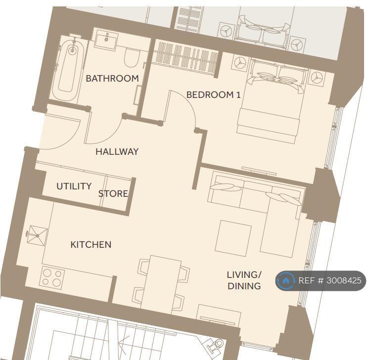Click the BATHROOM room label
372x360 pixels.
pyautogui.click(x=112, y=78)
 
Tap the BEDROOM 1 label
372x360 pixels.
pyautogui.click(x=213, y=95)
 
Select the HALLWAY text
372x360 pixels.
pyautogui.click(x=117, y=151)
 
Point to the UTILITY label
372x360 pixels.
pyautogui.click(x=74, y=186)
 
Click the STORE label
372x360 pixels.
pyautogui.click(x=113, y=194)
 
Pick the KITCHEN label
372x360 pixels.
pyautogui.click(x=91, y=244)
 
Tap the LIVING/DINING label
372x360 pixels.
pyautogui.click(x=244, y=280)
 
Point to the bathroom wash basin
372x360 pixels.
pyautogui.click(x=106, y=40)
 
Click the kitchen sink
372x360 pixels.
pyautogui.click(x=37, y=235)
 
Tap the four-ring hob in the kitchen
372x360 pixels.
pyautogui.click(x=52, y=278)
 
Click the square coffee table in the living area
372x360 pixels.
pyautogui.click(x=233, y=238)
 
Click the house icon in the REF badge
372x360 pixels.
pyautogui.click(x=286, y=281)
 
